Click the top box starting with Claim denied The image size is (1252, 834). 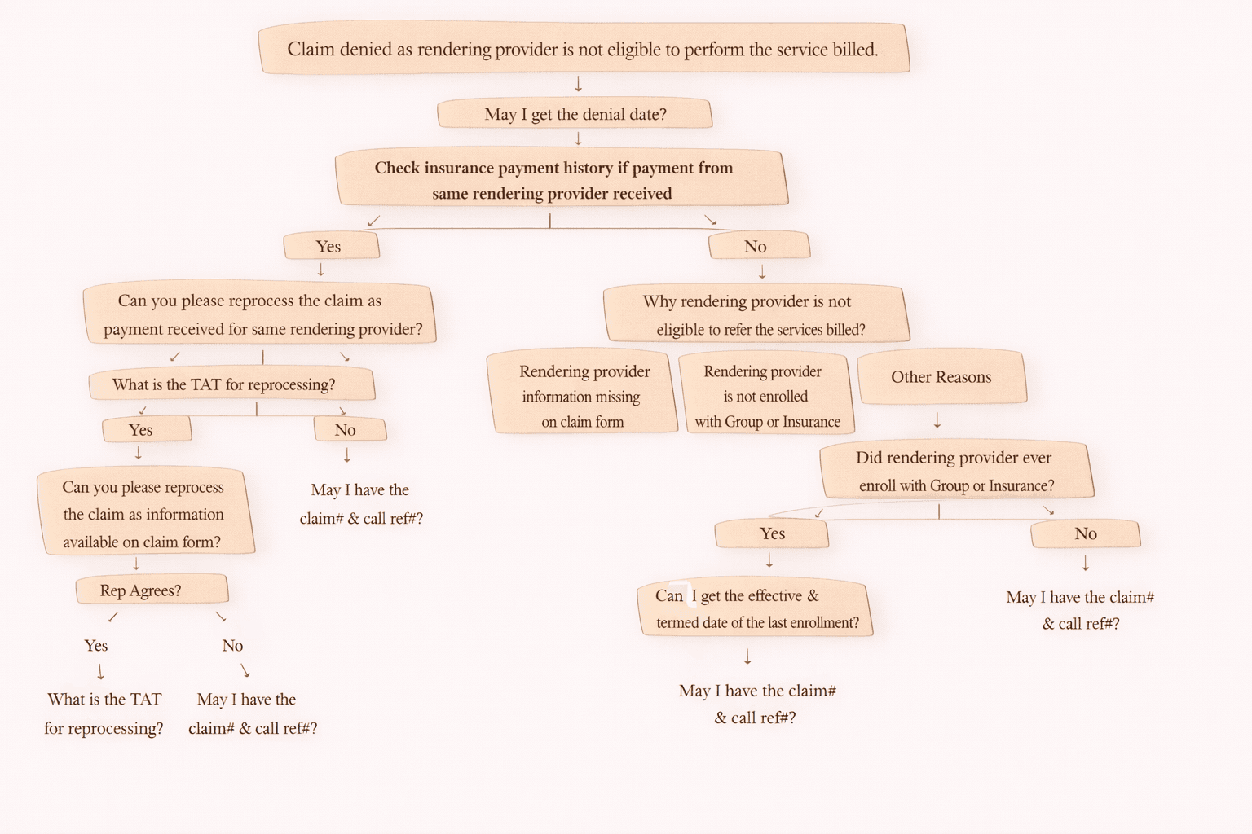tap(583, 49)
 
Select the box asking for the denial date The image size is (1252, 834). tap(575, 114)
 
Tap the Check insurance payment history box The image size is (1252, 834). tap(561, 179)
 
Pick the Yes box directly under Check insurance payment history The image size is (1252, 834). tap(330, 246)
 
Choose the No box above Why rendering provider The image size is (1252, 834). tap(758, 246)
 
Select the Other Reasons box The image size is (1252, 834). tap(941, 377)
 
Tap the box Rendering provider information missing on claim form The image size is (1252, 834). tap(584, 396)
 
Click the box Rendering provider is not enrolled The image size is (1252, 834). tap(766, 396)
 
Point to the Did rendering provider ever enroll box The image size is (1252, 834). tap(955, 471)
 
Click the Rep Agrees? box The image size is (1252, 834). tap(151, 590)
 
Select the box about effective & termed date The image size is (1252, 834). tap(755, 608)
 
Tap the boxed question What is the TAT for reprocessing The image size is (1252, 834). tap(231, 384)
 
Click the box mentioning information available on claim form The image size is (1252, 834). tap(145, 514)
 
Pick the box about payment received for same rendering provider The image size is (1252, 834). tap(259, 314)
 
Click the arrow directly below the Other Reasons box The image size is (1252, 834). tap(937, 420)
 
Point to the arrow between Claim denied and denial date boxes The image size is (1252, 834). tap(578, 84)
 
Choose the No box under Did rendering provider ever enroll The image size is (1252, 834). tap(1085, 534)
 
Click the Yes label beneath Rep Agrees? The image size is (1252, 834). tap(96, 646)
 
